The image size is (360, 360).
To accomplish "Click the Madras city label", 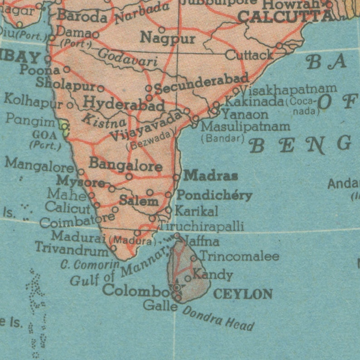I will click(211, 175).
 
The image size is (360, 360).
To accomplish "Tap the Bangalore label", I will click(126, 164).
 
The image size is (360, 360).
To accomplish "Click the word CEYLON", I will click(243, 294).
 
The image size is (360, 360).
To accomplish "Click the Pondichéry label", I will click(214, 195).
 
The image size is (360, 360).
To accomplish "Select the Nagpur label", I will click(167, 38).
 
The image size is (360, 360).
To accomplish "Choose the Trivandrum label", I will click(72, 248).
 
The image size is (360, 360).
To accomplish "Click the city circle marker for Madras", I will click(176, 177).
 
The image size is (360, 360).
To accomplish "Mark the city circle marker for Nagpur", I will click(161, 30).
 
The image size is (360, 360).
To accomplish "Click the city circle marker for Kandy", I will click(188, 278).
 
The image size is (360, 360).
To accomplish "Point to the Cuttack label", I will click(249, 55).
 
